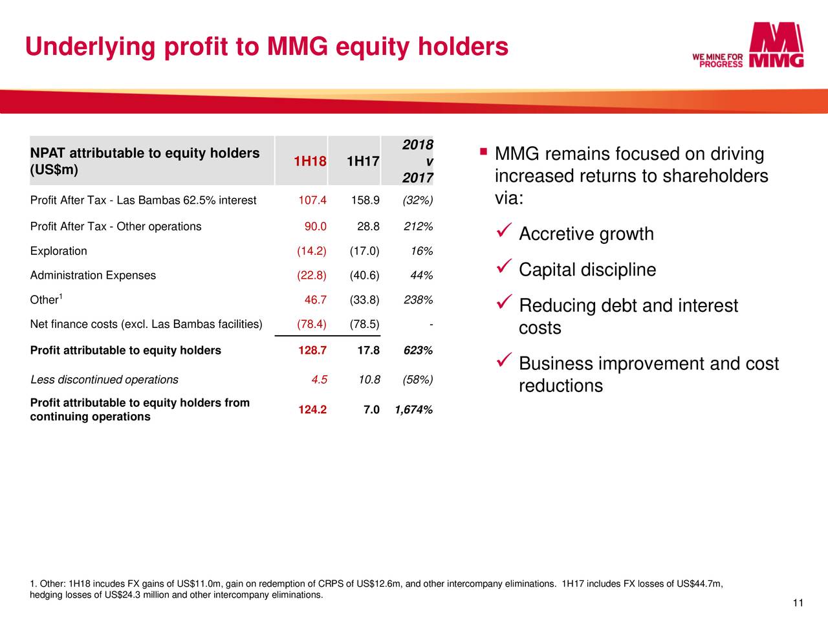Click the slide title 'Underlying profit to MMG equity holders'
tap(267, 47)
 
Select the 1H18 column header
tap(310, 161)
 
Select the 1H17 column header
tap(363, 161)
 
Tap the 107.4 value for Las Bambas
tap(312, 201)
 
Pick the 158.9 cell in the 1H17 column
tap(365, 201)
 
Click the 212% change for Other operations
tap(418, 226)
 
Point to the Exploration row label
tap(58, 251)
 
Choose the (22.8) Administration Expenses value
tap(311, 276)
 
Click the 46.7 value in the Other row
tap(315, 300)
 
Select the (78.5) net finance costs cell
tap(364, 324)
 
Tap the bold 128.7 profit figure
tap(312, 351)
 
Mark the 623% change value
tap(418, 351)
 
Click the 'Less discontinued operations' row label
tap(104, 380)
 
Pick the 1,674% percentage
tap(413, 409)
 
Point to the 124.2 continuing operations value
tap(312, 409)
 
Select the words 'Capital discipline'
tap(587, 270)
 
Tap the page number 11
tap(798, 604)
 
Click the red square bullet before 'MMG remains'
tap(483, 151)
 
